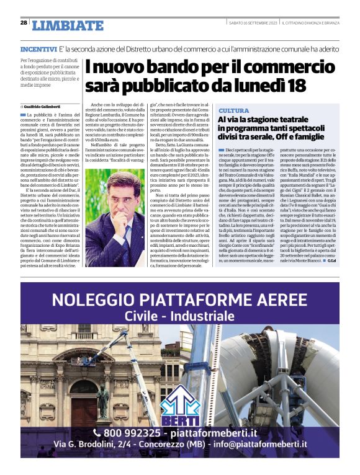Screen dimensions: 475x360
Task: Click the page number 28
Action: pos(24,22)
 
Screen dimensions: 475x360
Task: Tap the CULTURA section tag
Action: pos(233,110)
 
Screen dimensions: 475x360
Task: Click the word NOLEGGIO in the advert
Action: pos(90,301)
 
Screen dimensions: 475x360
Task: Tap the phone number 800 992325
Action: pos(130,432)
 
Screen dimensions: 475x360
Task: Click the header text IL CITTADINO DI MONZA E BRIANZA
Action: pos(310,23)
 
